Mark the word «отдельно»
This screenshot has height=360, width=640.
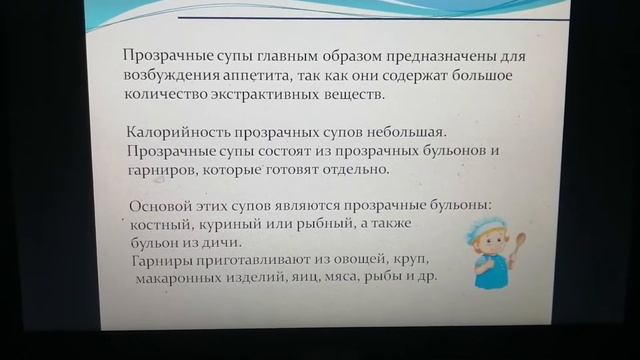pos(354,170)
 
